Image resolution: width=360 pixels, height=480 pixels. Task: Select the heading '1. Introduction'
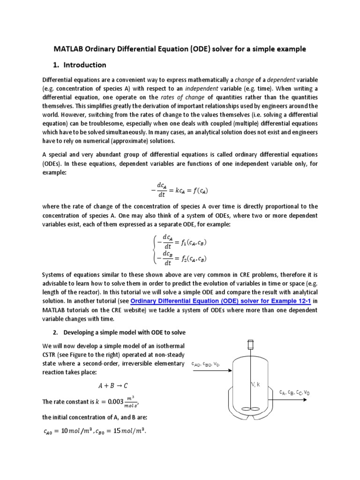[x=78, y=65]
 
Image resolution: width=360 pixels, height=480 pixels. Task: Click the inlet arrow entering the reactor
[x=211, y=370]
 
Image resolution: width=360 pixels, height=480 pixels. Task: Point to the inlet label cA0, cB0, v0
[x=205, y=364]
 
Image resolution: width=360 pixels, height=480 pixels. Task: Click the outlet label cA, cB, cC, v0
[x=294, y=392]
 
